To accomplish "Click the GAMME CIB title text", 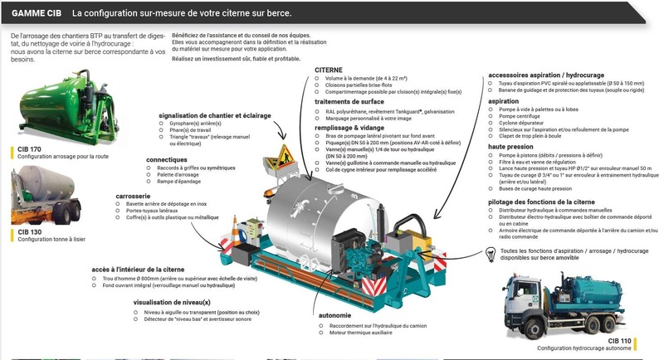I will pos(35,14).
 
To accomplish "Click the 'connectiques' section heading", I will pos(167,159).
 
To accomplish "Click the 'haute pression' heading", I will pos(510,146).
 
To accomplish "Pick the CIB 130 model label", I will pos(30,232).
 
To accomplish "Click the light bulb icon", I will pos(492,255).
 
